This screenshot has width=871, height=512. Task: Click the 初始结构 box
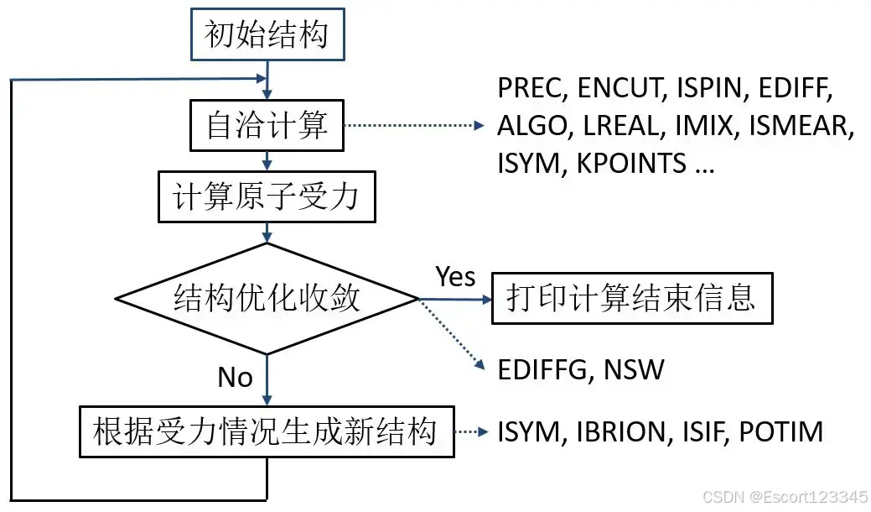[267, 36]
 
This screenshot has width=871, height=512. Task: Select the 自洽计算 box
[267, 127]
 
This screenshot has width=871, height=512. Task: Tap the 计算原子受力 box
[266, 198]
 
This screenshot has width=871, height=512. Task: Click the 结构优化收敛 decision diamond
[267, 298]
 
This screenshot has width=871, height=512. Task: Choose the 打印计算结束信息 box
[631, 298]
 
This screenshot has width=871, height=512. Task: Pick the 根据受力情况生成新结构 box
[267, 431]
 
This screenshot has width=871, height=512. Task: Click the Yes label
[455, 276]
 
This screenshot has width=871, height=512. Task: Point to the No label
[235, 378]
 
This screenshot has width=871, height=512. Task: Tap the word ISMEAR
[801, 126]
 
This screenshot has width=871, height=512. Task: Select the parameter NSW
[636, 370]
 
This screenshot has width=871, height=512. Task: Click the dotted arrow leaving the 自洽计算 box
[415, 127]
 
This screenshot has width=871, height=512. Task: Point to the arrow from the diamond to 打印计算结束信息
[453, 299]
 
